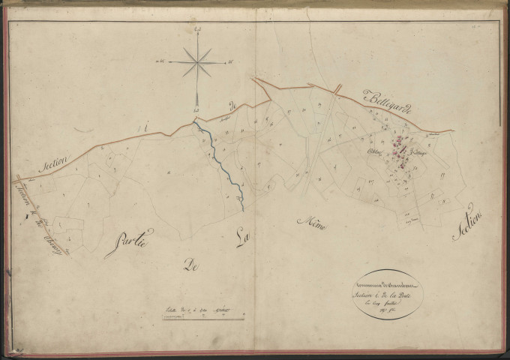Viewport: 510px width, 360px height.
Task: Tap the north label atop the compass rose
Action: [197, 28]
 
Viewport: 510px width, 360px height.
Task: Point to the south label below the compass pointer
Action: [196, 111]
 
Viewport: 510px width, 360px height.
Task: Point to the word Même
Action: [311, 220]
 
